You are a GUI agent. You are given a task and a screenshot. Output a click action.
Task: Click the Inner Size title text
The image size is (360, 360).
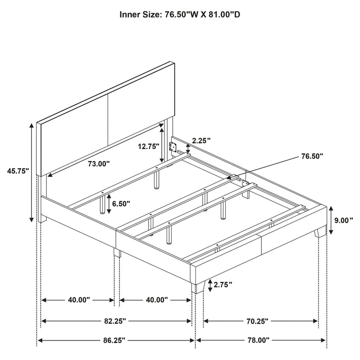click(180, 14)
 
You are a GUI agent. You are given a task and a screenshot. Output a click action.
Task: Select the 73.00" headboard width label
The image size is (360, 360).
click(98, 164)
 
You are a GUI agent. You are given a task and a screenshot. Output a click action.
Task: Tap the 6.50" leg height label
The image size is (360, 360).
click(122, 204)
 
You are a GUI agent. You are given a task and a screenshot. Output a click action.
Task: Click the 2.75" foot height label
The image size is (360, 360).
click(223, 284)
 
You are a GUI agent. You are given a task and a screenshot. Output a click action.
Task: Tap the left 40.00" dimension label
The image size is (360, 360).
click(77, 299)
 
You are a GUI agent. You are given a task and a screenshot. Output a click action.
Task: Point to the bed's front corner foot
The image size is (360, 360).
click(200, 285)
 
